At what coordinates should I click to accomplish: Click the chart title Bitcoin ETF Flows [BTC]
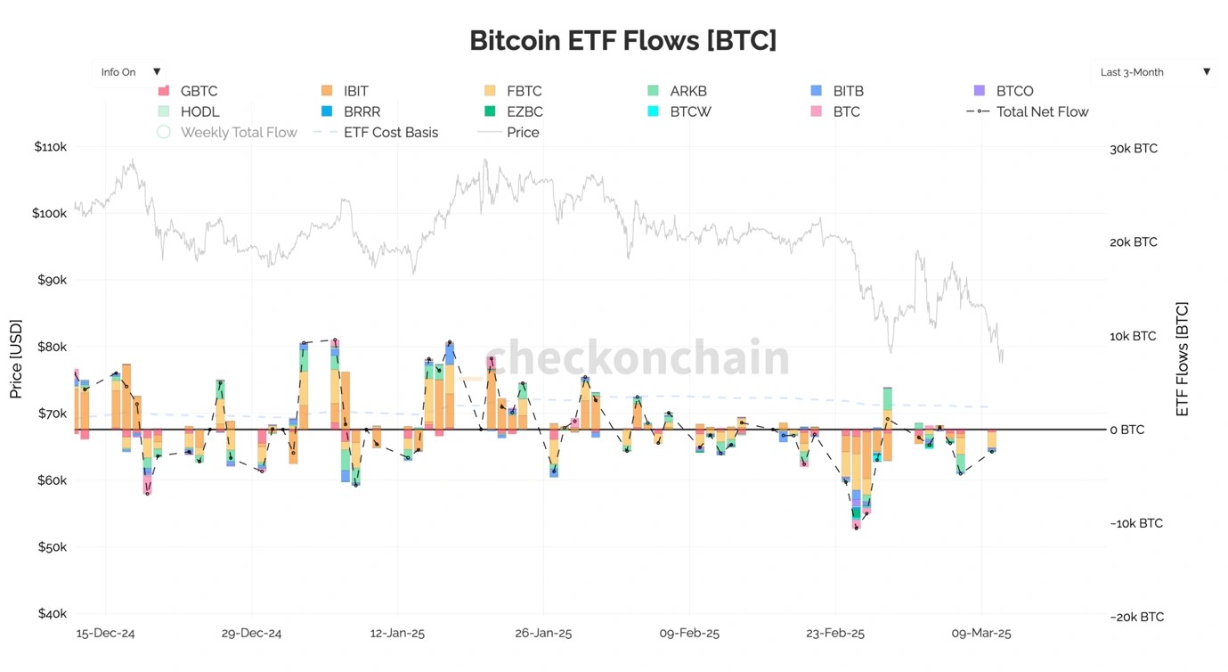click(622, 40)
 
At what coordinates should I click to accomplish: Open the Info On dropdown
click(130, 72)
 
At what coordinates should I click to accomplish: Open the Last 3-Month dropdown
click(1154, 72)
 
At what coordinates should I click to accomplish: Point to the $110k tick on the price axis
click(50, 146)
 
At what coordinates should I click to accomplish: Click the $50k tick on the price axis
click(50, 546)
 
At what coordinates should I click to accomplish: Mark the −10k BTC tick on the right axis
click(1135, 523)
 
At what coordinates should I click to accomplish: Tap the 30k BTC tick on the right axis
click(1134, 149)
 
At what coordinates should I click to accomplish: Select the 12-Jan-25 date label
click(397, 634)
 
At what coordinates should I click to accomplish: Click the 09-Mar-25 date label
click(981, 634)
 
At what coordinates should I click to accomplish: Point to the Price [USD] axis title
click(16, 359)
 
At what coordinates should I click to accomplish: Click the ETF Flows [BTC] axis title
click(1183, 359)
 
